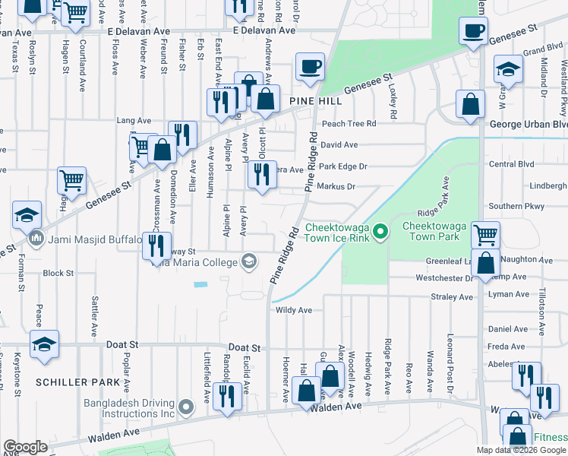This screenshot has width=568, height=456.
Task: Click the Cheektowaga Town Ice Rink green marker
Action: click(x=383, y=228)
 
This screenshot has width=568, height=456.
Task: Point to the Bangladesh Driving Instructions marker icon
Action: click(x=185, y=409)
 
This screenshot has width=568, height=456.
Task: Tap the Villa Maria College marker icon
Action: click(x=248, y=263)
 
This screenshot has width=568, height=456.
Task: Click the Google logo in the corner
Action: click(x=25, y=447)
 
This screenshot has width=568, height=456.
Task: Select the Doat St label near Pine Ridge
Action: click(x=245, y=347)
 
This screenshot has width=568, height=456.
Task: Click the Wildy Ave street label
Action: click(x=294, y=310)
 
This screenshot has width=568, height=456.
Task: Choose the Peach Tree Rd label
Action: click(x=349, y=123)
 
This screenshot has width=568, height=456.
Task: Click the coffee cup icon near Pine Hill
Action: click(x=309, y=67)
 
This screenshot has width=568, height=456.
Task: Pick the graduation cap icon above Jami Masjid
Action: click(x=27, y=215)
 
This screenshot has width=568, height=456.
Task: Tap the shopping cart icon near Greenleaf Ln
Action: click(x=485, y=234)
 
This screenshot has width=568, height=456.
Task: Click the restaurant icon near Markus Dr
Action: click(x=260, y=176)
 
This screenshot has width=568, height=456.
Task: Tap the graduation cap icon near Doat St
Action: click(x=45, y=344)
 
